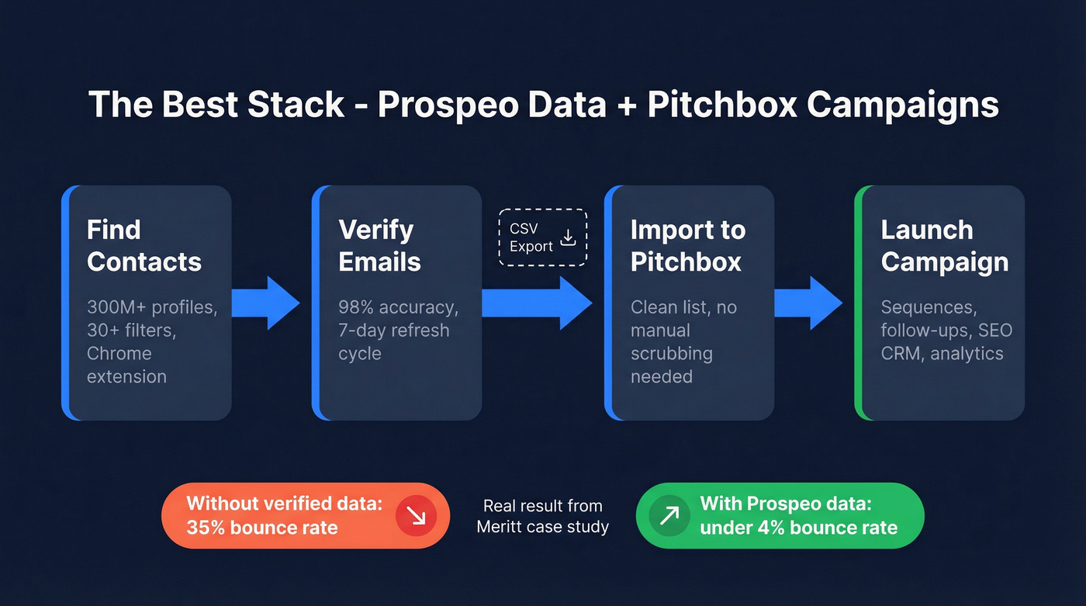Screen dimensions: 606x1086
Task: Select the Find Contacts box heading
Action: click(144, 246)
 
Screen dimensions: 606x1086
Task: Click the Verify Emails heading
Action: click(379, 246)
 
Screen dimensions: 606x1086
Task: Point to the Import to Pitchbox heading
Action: click(687, 246)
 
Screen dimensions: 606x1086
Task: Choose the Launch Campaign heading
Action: click(944, 246)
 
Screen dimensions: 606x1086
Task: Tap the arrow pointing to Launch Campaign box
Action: click(809, 303)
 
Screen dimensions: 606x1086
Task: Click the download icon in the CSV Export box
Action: click(568, 237)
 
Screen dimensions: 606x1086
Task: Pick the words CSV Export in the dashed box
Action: click(531, 237)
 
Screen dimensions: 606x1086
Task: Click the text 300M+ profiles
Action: click(151, 307)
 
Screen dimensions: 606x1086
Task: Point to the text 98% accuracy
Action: click(398, 307)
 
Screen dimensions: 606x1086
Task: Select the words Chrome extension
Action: click(126, 365)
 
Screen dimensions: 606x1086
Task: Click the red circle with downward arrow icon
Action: click(417, 516)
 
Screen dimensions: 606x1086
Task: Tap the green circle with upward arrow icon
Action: click(668, 516)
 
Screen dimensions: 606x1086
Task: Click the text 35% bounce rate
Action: click(261, 528)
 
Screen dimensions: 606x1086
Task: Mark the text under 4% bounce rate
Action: click(798, 528)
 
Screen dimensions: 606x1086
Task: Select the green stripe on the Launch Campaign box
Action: click(858, 303)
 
